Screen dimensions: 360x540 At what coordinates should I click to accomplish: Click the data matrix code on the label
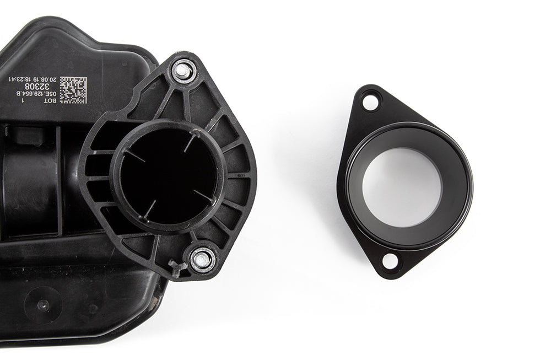73,90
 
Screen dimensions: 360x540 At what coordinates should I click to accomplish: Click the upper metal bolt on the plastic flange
183,71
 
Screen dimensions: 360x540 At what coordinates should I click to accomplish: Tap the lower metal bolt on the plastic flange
202,259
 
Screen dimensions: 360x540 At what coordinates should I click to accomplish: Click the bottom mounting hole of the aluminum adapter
390,261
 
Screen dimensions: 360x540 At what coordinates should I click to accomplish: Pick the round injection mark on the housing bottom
42,305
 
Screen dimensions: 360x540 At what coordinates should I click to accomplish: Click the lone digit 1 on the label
22,100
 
